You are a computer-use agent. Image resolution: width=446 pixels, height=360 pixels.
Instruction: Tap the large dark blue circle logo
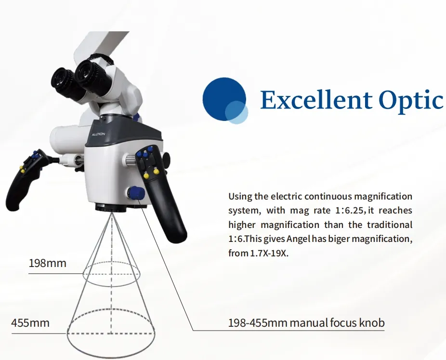click(x=223, y=99)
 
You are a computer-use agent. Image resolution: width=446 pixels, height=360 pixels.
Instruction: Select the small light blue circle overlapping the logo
click(x=236, y=113)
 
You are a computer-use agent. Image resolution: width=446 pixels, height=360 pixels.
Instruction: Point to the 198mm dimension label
click(x=47, y=264)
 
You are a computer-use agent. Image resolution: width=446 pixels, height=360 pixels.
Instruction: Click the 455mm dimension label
click(x=30, y=322)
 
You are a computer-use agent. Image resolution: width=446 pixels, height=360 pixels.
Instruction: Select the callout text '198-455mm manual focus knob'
click(x=306, y=322)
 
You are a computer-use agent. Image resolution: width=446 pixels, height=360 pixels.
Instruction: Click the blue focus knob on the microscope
click(x=137, y=193)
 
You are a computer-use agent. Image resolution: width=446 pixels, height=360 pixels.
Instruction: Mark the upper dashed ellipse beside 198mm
click(x=111, y=274)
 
